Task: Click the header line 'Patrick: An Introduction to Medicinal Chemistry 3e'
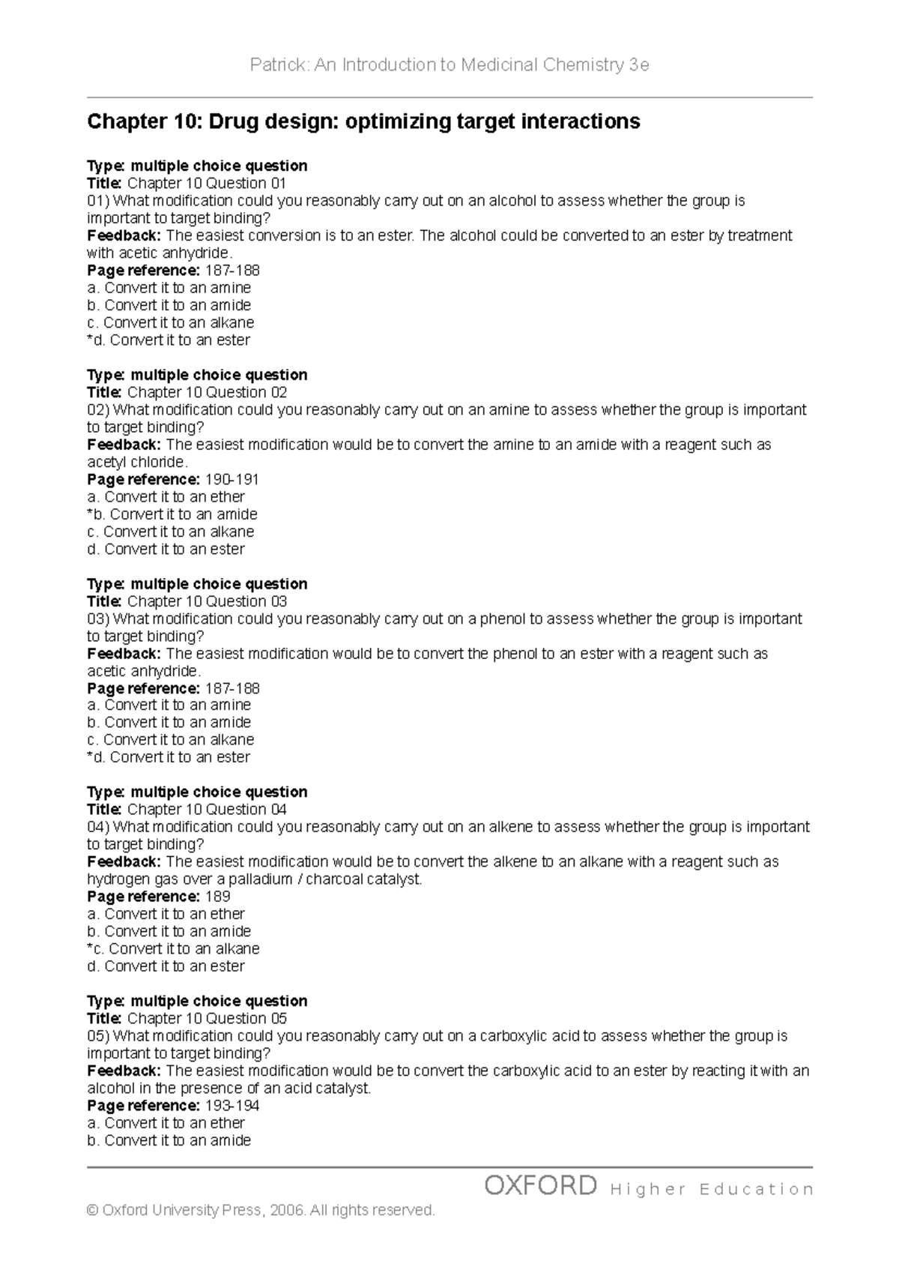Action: [449, 65]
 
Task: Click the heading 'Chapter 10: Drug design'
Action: [363, 121]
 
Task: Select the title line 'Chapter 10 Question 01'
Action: [206, 184]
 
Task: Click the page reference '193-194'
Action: [231, 1106]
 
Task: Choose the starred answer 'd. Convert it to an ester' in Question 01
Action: [169, 340]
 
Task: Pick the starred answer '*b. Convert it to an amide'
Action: [172, 514]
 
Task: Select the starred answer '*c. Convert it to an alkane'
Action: [173, 949]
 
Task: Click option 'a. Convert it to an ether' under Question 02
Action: [166, 497]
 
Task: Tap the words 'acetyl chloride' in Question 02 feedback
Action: [136, 463]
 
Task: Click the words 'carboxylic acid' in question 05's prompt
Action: [528, 1036]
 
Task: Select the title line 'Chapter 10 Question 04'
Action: [206, 810]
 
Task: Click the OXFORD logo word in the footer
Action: [540, 1186]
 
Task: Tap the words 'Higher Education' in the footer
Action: [712, 1189]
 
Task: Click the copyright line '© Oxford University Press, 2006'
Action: [260, 1211]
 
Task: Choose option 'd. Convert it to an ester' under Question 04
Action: [166, 966]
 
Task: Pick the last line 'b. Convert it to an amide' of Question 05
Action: [169, 1140]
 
